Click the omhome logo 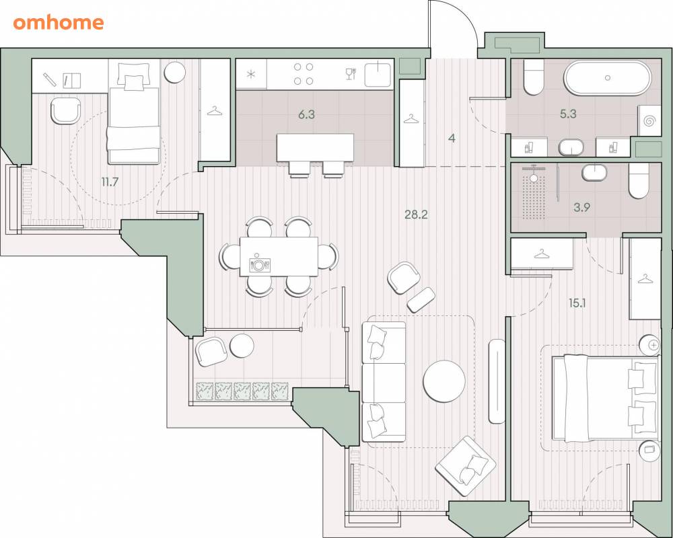(59, 22)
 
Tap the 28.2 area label (416, 215)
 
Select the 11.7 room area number (110, 182)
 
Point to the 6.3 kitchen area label (306, 114)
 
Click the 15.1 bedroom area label (577, 303)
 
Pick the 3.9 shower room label (582, 208)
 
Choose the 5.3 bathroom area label (568, 114)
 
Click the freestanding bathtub (607, 78)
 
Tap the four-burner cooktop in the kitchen (303, 74)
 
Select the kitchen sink (378, 75)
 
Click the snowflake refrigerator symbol (251, 74)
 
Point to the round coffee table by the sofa (444, 381)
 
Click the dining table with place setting (279, 257)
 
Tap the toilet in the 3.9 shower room (639, 181)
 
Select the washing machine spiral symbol (649, 121)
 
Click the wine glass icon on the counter (350, 74)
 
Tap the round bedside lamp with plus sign (649, 344)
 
